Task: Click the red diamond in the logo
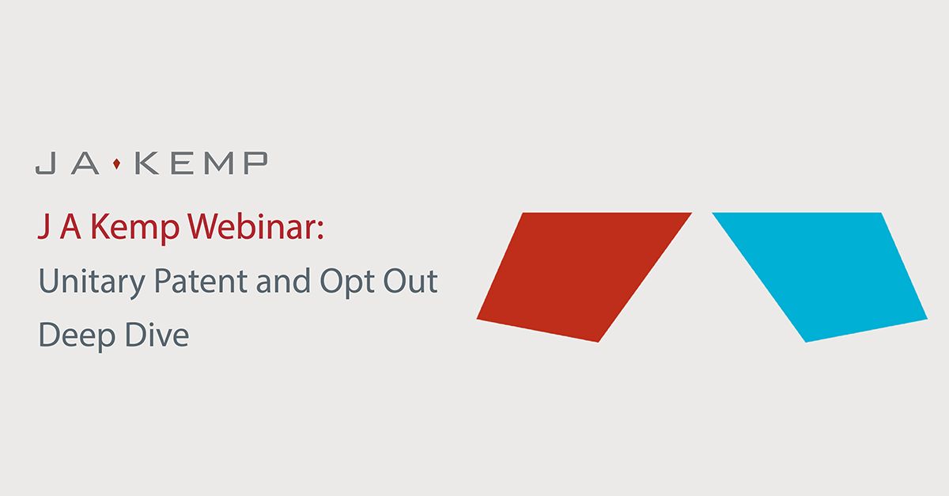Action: pos(117,164)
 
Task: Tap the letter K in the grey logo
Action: pos(147,164)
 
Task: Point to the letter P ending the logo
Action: pos(254,164)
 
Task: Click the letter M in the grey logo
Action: pos(217,164)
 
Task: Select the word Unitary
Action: pos(83,282)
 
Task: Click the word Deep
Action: pos(74,336)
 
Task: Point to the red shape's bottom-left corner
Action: pos(478,318)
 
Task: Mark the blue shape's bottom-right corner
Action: pos(925,319)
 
